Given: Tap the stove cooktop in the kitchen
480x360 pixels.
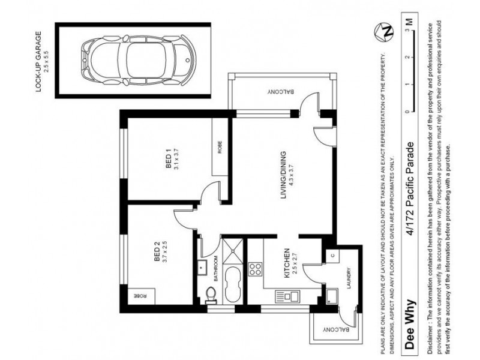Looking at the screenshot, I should [254, 268].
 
